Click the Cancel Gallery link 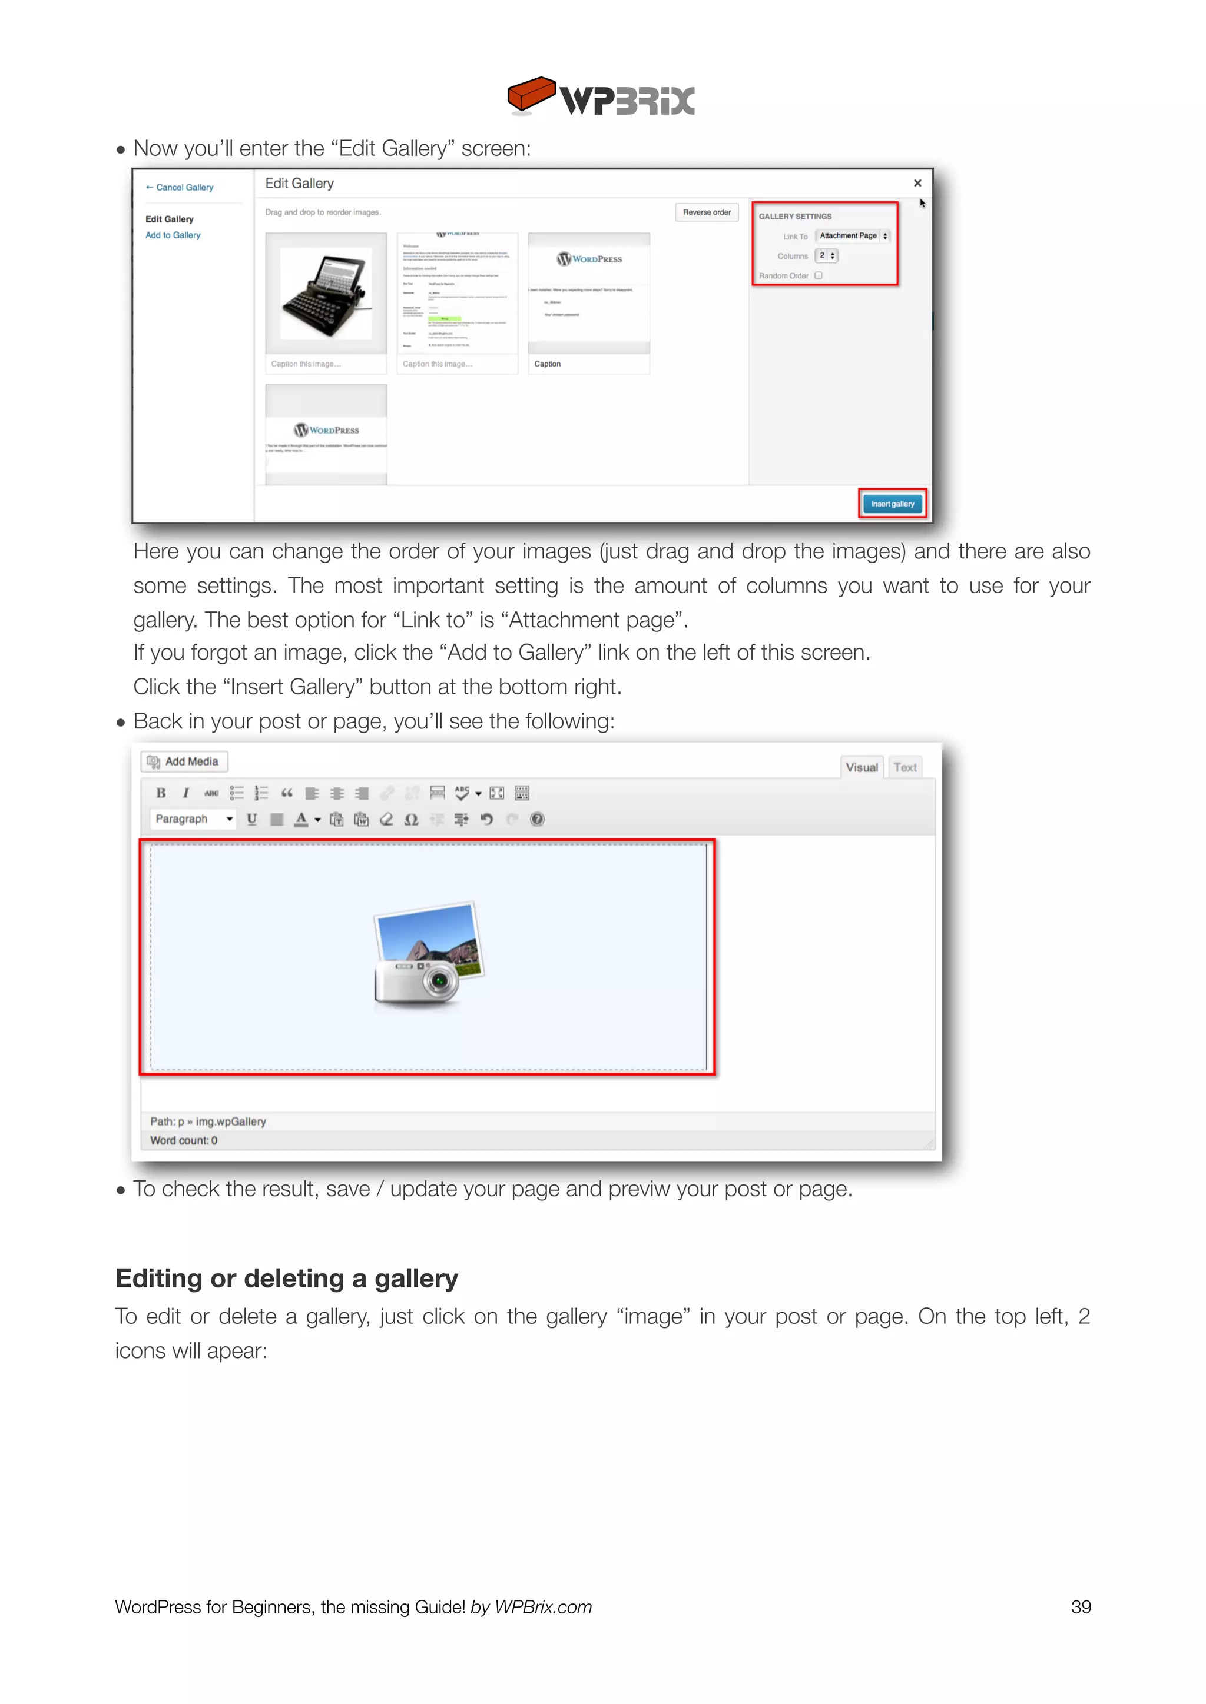click(180, 188)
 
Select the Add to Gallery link click(173, 235)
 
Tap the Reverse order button click(706, 212)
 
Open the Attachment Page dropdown click(853, 236)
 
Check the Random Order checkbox click(819, 275)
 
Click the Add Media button click(184, 761)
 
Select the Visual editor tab click(862, 767)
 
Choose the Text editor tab click(904, 767)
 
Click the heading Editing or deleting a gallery click(287, 1279)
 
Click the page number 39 click(1081, 1607)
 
